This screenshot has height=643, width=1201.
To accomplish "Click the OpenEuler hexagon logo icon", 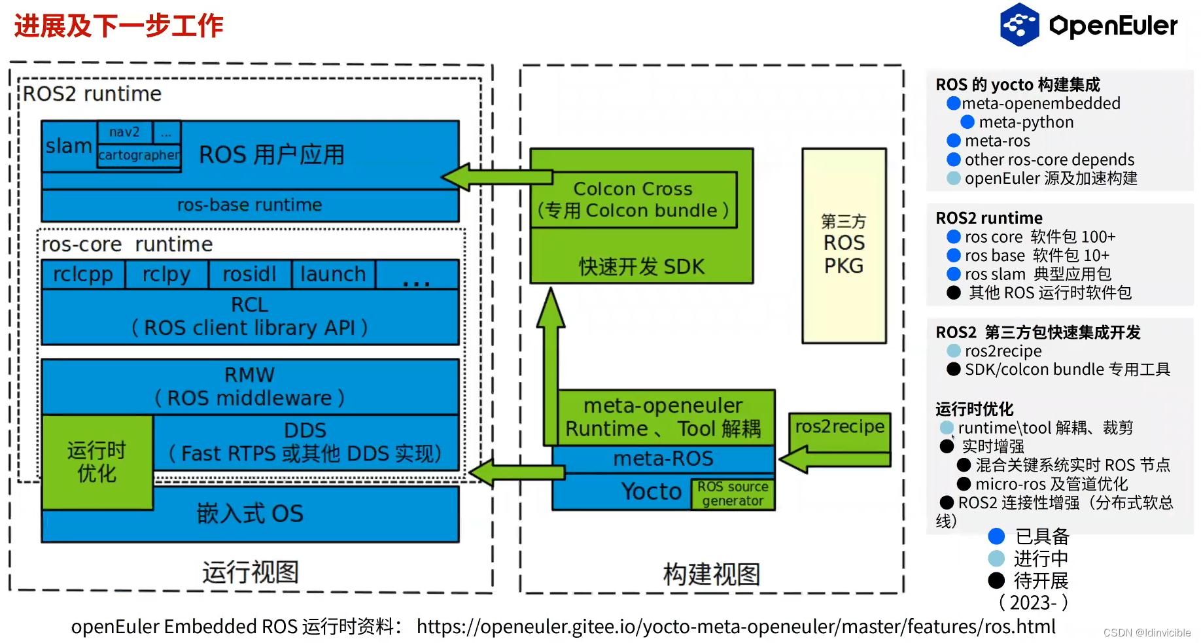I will tap(1019, 25).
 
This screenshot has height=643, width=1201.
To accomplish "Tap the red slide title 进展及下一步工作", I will tap(119, 26).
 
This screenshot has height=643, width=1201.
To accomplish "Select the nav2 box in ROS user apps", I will tap(124, 132).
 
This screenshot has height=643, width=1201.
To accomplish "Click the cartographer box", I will tap(139, 156).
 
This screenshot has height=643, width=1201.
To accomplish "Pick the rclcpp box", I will tap(83, 274).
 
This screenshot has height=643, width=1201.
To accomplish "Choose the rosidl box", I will tap(249, 274).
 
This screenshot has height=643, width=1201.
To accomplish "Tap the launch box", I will tap(333, 274).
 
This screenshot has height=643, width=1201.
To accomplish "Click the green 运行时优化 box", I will tap(97, 462).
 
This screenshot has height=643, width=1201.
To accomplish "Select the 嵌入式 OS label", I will tap(250, 514).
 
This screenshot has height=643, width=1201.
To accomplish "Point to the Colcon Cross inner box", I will tap(633, 200).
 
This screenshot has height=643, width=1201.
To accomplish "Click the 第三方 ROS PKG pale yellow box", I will tap(844, 245).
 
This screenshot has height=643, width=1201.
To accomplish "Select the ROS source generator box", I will tap(733, 494).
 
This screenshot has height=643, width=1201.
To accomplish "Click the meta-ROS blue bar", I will tap(663, 459).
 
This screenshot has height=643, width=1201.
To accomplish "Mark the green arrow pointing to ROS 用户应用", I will tap(497, 177).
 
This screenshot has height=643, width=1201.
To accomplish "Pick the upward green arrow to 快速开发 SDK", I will tap(551, 340).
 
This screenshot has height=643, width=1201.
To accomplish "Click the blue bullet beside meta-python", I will tap(967, 122).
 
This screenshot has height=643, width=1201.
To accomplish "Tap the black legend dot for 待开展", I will tap(996, 580).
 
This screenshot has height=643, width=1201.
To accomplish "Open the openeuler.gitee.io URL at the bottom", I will tap(736, 627).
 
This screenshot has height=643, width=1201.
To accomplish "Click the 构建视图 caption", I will tap(712, 574).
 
